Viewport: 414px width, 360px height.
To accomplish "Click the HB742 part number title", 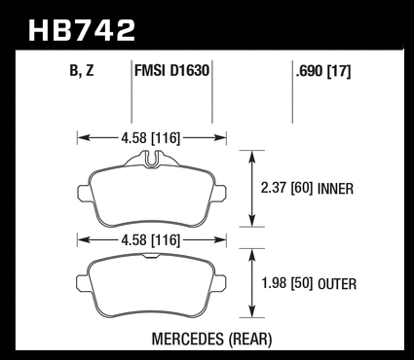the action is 82,30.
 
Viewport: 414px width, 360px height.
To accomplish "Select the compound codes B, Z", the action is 82,70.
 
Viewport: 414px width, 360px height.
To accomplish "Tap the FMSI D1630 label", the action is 171,70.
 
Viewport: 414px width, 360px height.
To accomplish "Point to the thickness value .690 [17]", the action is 323,71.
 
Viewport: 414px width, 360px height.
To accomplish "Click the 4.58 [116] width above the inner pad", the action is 150,138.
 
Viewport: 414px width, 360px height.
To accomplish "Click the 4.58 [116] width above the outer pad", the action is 150,240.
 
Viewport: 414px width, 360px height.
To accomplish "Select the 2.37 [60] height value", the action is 286,188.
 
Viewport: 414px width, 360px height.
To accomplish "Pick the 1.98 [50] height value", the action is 286,283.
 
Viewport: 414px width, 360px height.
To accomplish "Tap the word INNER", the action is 335,189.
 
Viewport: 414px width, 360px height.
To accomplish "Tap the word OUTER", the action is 337,284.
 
